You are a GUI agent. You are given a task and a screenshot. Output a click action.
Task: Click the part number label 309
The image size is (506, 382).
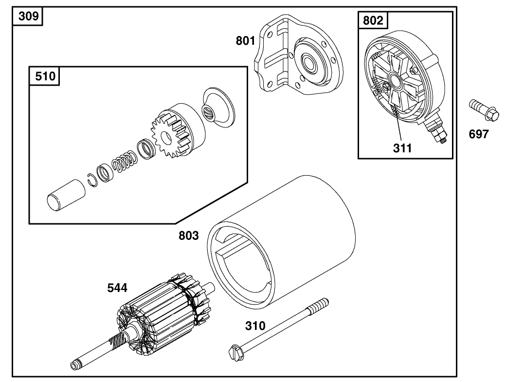[28, 17]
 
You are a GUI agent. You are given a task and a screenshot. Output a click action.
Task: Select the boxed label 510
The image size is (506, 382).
[45, 76]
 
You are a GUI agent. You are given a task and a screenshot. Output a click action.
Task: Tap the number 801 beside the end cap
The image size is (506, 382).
[246, 41]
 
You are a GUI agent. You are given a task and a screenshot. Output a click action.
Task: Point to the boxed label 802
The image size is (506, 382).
[373, 20]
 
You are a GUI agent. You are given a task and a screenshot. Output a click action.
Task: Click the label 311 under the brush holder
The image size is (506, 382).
[402, 148]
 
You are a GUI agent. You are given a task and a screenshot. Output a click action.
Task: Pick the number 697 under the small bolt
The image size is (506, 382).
[478, 134]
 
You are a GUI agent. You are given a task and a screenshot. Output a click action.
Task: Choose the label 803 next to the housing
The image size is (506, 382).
[189, 236]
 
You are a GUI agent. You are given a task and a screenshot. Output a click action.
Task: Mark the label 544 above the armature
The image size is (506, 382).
[117, 288]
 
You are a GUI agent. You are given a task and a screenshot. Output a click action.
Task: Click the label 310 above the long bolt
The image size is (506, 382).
[255, 326]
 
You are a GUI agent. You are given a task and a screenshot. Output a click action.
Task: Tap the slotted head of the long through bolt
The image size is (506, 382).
[235, 353]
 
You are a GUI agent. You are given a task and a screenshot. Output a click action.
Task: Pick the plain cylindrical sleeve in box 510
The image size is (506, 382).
[66, 195]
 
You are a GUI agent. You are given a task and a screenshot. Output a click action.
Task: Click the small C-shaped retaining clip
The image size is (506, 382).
[92, 179]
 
